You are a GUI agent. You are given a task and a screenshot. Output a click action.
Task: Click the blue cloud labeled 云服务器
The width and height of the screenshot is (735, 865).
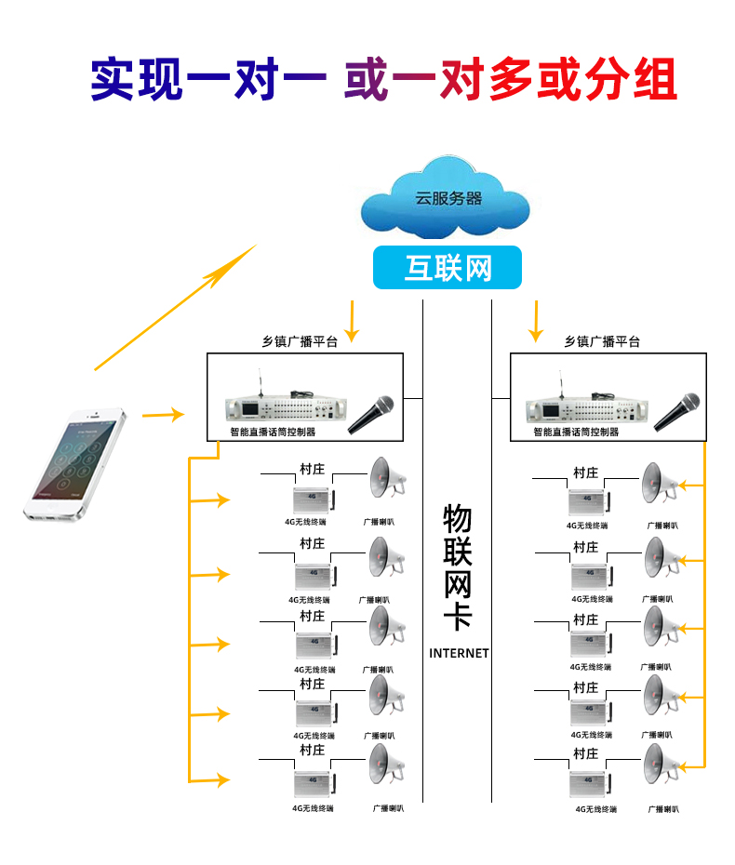448,200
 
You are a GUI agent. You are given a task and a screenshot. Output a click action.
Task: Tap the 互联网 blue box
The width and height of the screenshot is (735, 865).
448,268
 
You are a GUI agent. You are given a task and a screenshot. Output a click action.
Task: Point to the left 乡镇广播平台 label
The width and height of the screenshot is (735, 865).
300,342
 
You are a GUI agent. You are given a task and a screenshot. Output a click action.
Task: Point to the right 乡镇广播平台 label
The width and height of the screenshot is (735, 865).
602,341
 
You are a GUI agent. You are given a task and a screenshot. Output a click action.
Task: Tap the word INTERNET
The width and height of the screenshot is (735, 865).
459,653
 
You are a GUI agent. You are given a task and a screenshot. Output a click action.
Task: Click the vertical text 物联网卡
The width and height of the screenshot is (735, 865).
458,567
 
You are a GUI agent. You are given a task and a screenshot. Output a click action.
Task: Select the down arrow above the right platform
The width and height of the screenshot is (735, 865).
535,322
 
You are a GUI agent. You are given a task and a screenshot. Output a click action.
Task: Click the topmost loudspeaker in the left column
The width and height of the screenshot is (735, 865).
386,478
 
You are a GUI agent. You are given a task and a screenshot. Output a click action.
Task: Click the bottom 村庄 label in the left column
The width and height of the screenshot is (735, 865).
312,750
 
